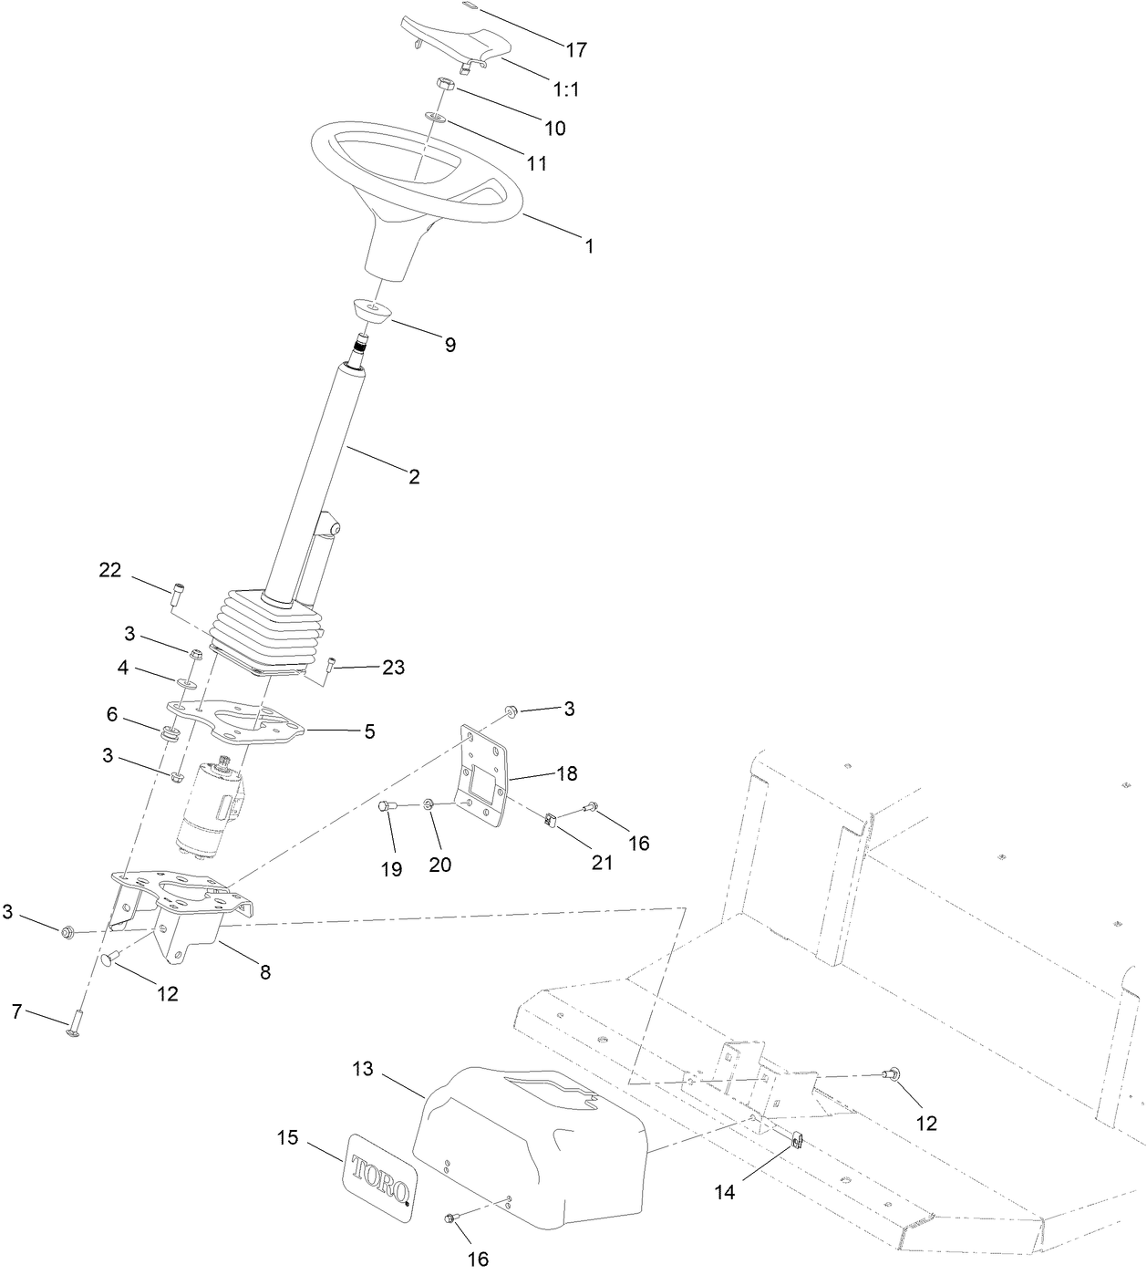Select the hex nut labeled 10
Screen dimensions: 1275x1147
pos(446,85)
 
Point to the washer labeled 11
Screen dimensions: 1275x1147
pos(436,118)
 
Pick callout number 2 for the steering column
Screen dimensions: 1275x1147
pos(414,476)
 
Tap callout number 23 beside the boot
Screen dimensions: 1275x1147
pos(393,668)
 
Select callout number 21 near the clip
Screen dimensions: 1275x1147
pos(603,862)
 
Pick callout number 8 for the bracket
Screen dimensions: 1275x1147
pos(265,972)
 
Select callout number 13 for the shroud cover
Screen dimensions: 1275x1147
pos(363,1068)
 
